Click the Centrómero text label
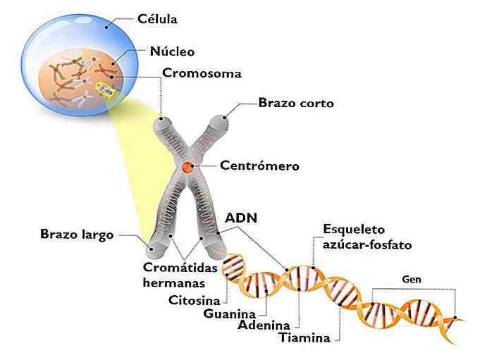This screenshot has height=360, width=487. (x=260, y=167)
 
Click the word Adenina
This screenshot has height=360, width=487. (x=264, y=325)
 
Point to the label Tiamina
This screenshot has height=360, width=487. (x=304, y=337)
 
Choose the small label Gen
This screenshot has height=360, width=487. (x=412, y=278)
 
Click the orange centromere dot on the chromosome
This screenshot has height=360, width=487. (x=187, y=168)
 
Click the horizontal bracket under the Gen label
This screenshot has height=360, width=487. (x=413, y=290)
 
